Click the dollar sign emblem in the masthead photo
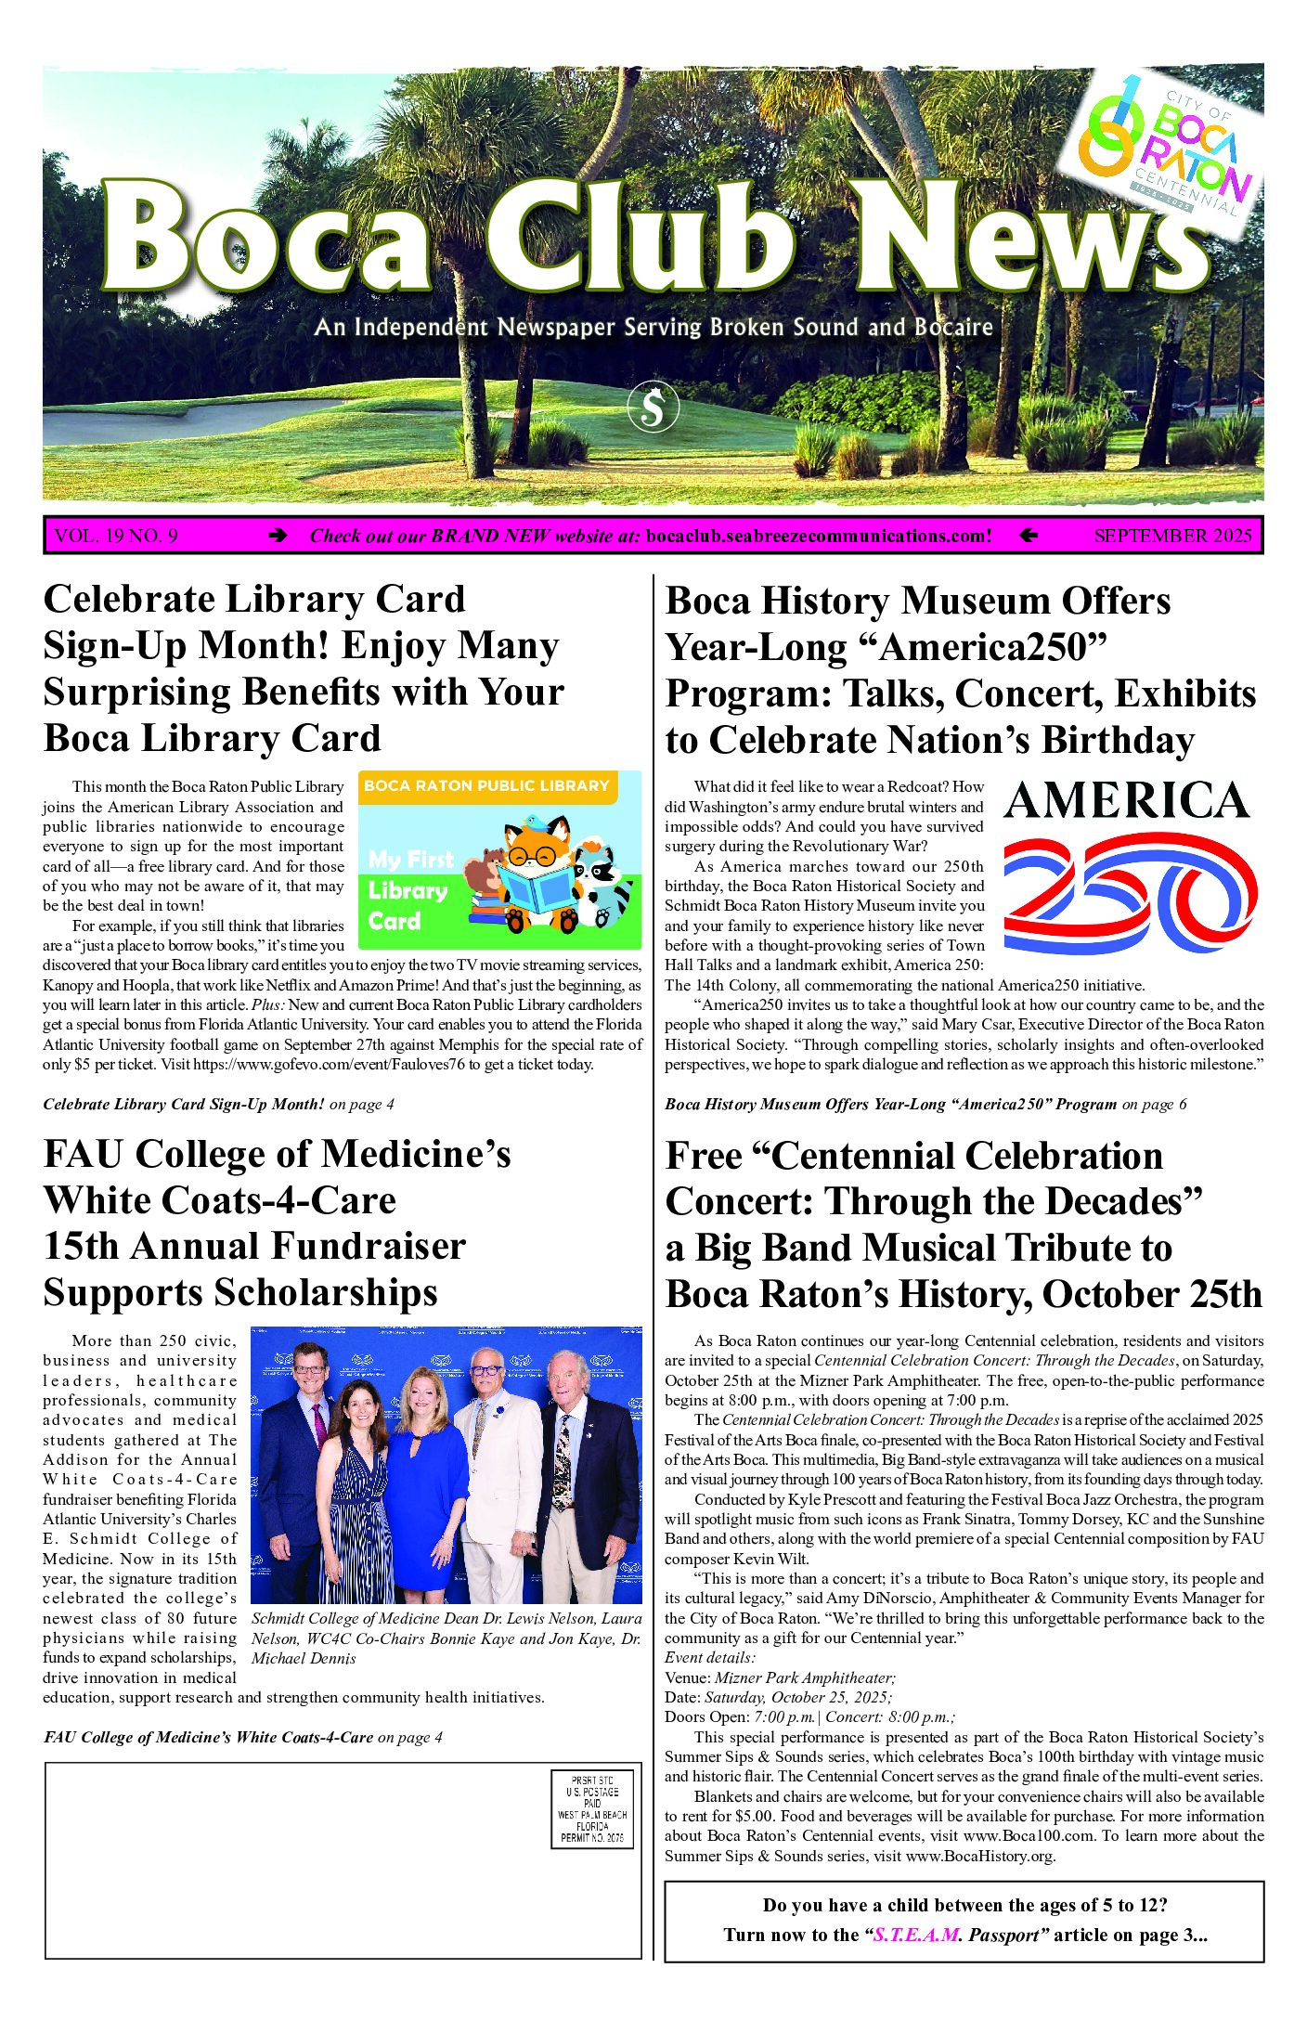point(653,408)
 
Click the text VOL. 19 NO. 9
point(117,536)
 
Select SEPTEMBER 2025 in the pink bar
point(1172,536)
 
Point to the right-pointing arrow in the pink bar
point(277,536)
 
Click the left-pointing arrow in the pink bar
point(1028,536)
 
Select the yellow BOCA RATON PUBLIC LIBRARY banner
point(486,786)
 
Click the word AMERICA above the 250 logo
point(1127,801)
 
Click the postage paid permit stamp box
point(592,1809)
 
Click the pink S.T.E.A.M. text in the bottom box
point(916,1936)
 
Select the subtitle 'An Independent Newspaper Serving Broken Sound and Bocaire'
point(653,328)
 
